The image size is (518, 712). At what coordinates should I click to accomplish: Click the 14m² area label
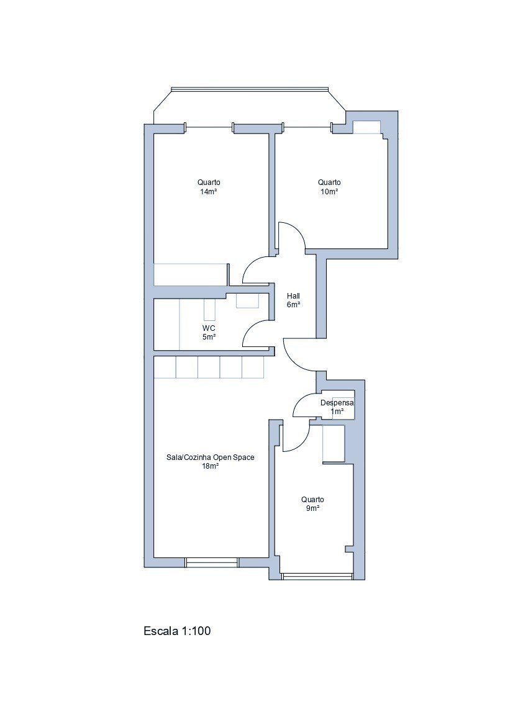(209, 192)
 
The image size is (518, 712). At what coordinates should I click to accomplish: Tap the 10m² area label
(329, 192)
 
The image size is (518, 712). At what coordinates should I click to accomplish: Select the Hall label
(294, 296)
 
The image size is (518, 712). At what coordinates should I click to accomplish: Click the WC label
(209, 328)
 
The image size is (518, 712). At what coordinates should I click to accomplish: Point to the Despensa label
(337, 403)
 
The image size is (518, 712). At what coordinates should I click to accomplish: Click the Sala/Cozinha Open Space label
(211, 457)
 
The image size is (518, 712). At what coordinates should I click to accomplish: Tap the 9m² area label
(312, 508)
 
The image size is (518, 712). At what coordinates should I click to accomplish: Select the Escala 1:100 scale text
(177, 631)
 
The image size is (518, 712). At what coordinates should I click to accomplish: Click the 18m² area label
(211, 466)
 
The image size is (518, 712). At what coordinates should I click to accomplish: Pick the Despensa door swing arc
(301, 401)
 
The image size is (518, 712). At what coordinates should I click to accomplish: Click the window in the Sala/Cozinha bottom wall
(212, 562)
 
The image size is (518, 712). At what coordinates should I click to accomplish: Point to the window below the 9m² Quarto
(317, 576)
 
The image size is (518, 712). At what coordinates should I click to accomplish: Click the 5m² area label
(209, 337)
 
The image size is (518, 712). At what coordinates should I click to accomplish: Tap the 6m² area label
(294, 305)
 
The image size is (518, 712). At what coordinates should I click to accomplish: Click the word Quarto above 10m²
(329, 183)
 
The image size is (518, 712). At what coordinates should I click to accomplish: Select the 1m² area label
(337, 412)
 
